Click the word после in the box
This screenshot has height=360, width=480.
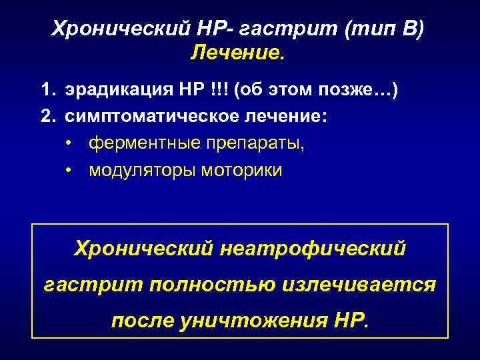pos(141,321)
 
